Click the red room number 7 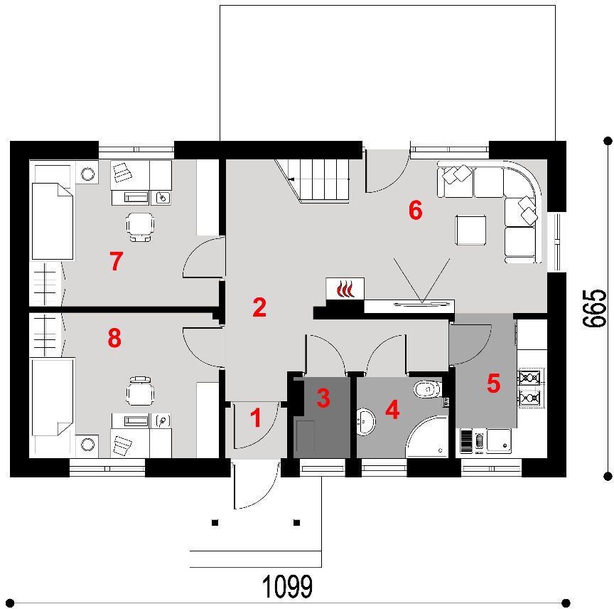[117, 261]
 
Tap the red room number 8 [114, 338]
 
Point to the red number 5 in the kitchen [493, 383]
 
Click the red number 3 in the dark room [323, 398]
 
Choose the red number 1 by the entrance [256, 418]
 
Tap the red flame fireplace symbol [345, 289]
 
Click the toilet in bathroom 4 [428, 390]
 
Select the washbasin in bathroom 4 [366, 422]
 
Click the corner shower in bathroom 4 [427, 437]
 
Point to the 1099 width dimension [287, 587]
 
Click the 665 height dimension [594, 308]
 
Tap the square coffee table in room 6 [470, 230]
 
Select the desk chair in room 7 [140, 227]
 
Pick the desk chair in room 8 [140, 391]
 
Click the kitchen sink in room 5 [498, 440]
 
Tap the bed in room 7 [52, 221]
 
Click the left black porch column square [215, 523]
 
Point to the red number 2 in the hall [259, 307]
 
